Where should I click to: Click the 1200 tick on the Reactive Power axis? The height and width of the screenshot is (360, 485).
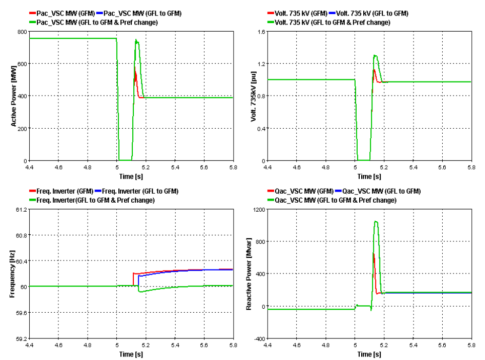[x=258, y=209]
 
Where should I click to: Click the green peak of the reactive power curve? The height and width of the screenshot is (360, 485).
[x=375, y=221]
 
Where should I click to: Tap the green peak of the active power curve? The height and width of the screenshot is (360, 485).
[x=136, y=40]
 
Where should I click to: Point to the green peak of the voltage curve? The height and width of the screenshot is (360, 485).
[x=375, y=55]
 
